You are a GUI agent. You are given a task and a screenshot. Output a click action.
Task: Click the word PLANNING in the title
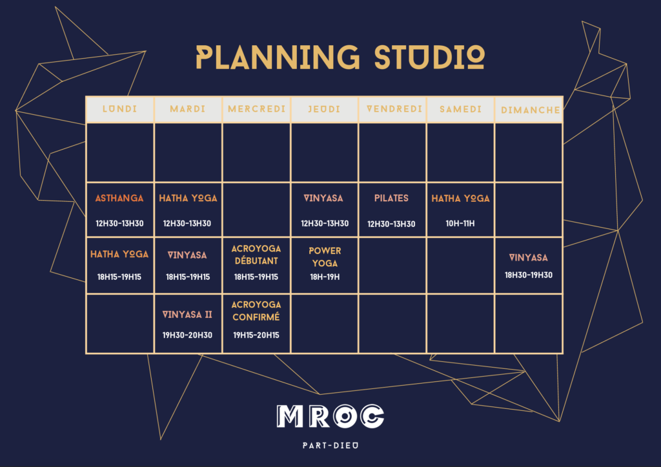278,57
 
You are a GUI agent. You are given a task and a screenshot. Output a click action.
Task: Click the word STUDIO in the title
429,57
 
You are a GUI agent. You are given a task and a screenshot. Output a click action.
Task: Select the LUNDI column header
119,109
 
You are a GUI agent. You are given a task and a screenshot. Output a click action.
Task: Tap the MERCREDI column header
256,109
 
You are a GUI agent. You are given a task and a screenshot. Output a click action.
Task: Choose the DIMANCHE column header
531,110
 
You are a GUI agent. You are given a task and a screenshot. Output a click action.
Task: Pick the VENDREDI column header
394,109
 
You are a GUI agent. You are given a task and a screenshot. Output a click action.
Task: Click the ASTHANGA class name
119,198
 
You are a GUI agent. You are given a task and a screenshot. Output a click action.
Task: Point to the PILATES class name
391,198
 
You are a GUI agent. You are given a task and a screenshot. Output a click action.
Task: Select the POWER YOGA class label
325,257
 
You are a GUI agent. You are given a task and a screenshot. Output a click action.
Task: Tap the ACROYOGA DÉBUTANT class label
256,255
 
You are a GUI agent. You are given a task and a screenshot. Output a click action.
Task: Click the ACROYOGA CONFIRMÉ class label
256,311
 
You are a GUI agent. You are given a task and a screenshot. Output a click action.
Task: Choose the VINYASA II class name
187,315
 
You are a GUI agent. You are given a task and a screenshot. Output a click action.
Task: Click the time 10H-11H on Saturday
460,224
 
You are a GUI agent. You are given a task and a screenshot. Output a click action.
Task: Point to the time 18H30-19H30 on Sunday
529,275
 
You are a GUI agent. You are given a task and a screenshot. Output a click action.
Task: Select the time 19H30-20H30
187,335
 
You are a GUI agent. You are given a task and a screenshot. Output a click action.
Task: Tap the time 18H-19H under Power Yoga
325,277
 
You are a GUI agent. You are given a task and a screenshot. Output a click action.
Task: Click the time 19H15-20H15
256,335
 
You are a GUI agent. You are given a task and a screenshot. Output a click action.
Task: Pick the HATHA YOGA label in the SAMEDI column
460,198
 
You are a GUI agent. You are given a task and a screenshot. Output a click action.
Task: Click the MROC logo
330,417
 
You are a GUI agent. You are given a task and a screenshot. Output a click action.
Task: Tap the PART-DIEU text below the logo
330,446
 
